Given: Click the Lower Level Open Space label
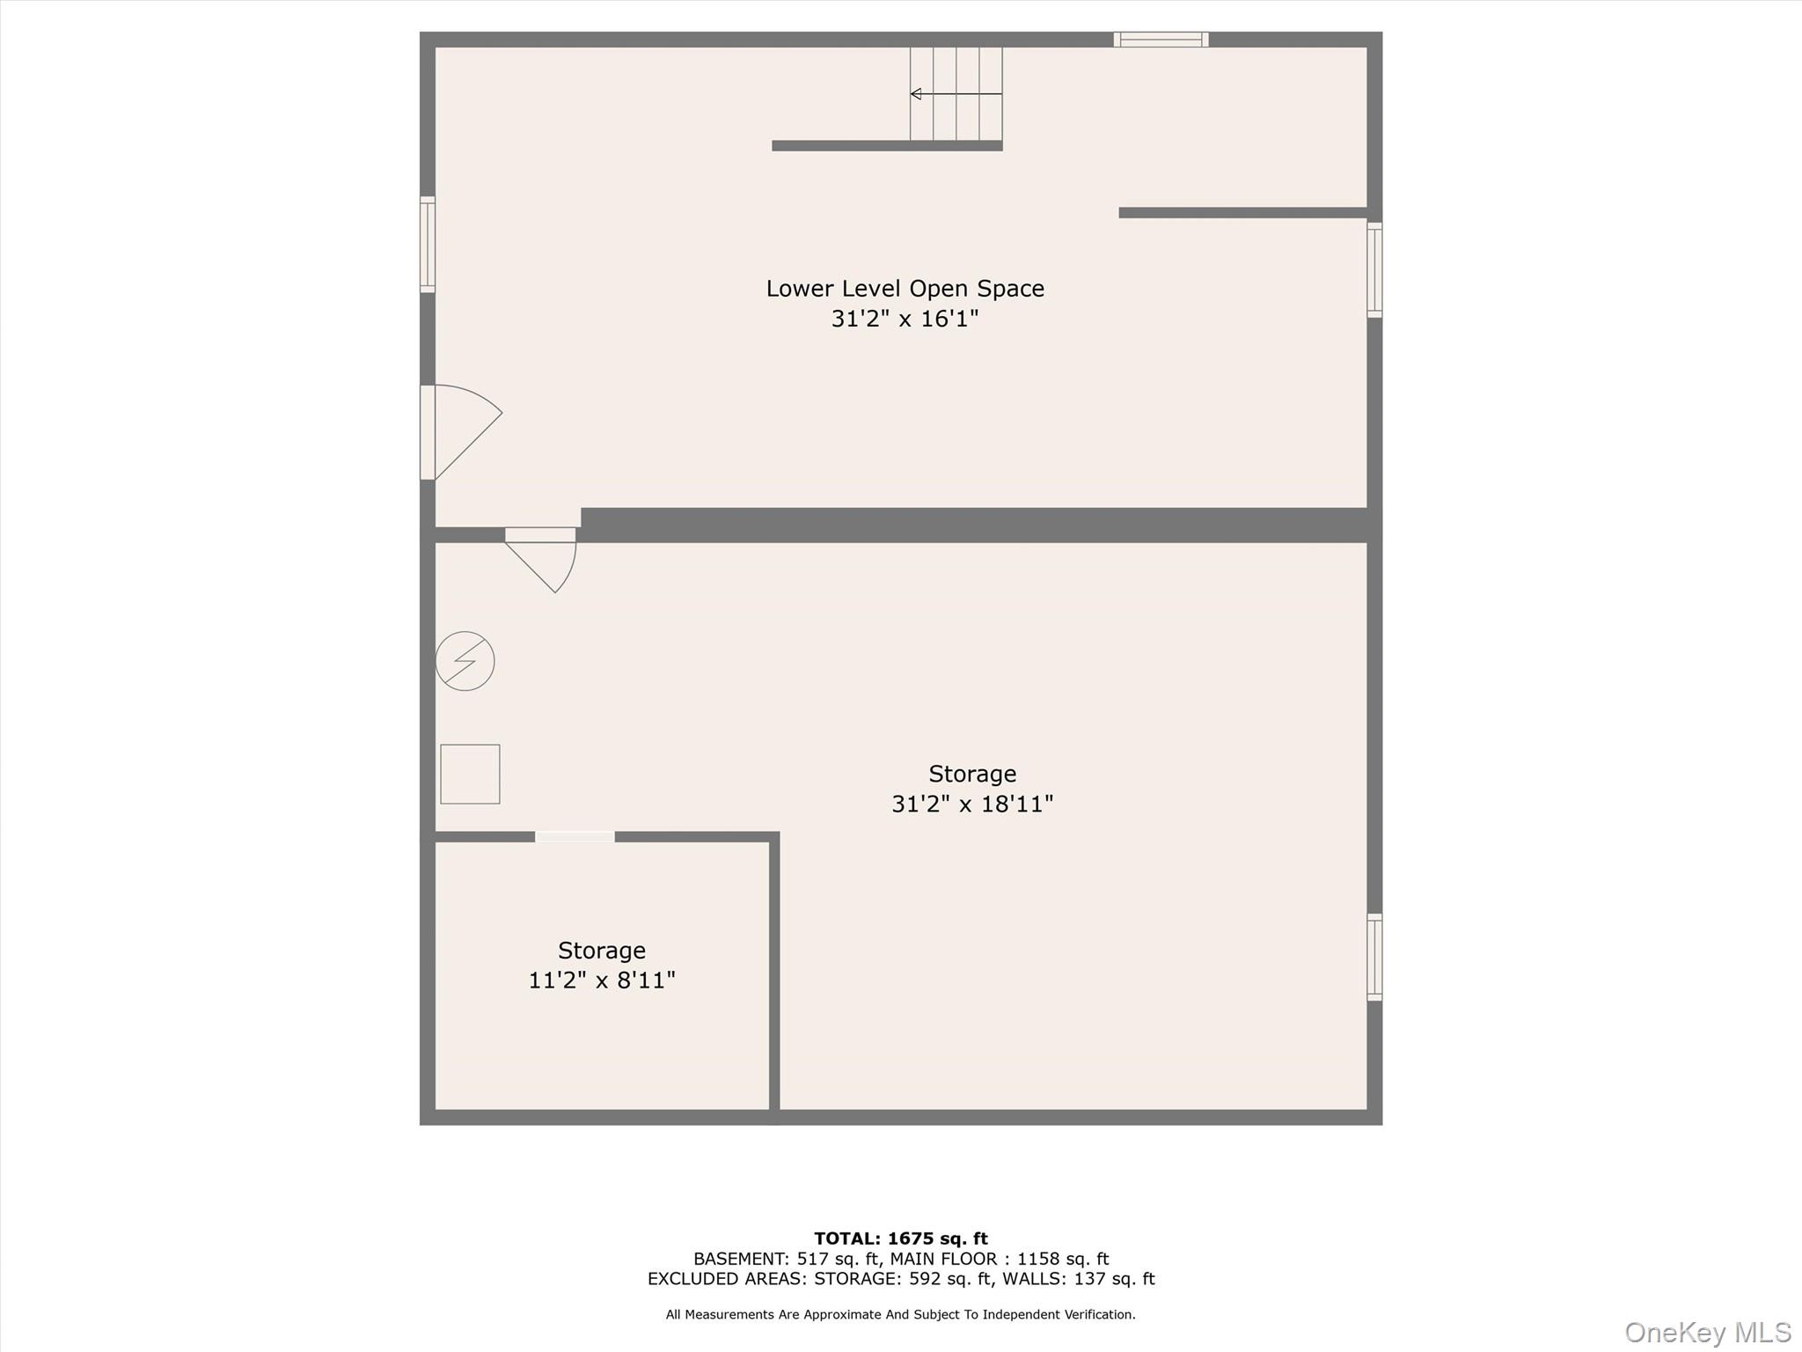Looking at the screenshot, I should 905,289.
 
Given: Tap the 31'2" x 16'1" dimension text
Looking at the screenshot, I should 905,319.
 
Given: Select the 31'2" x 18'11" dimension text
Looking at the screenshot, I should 972,804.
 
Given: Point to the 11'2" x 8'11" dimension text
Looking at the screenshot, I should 602,980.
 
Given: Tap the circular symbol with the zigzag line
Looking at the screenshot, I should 465,661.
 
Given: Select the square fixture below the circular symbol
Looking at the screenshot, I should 470,774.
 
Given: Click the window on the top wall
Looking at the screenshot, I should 1161,40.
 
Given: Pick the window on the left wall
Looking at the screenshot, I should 428,245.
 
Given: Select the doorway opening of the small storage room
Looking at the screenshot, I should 575,836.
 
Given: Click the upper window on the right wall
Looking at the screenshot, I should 1374,269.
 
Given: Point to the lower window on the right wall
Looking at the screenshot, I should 1374,957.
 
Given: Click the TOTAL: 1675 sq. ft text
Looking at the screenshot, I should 900,1238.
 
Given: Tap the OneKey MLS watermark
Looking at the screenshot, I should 1707,1332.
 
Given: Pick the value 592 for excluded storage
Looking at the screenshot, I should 923,1279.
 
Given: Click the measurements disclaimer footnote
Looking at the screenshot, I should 900,1314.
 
